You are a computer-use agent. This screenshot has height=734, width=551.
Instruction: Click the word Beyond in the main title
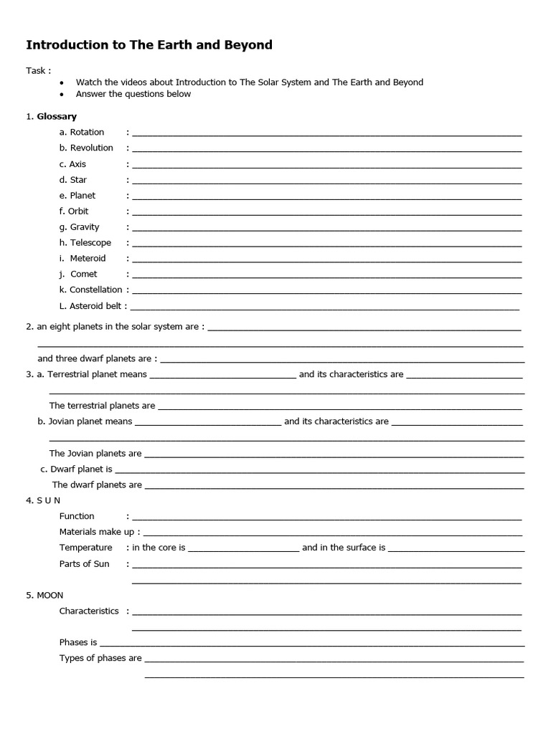click(248, 45)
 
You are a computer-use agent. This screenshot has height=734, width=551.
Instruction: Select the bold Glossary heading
click(57, 116)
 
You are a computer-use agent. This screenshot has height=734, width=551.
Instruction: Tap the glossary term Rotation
click(87, 132)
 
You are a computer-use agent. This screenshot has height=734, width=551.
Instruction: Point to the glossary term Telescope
click(90, 242)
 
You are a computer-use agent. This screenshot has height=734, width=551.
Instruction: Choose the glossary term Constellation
click(95, 290)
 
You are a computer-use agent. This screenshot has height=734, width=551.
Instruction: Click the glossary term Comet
click(83, 274)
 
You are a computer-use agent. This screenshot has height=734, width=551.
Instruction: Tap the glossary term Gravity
click(85, 227)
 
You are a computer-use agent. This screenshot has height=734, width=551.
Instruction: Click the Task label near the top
click(38, 70)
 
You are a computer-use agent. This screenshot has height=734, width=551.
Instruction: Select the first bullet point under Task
click(62, 82)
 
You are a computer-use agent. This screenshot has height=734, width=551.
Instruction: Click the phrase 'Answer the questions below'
click(133, 94)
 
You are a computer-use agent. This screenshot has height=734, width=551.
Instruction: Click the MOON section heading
click(50, 595)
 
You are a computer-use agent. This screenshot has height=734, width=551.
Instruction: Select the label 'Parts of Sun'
click(85, 563)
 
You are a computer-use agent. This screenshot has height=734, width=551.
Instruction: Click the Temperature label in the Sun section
click(85, 548)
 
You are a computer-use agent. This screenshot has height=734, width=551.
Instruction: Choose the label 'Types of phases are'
click(100, 658)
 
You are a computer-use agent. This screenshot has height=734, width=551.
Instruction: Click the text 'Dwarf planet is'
click(81, 469)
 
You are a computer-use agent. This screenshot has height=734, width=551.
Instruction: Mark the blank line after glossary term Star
click(326, 183)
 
